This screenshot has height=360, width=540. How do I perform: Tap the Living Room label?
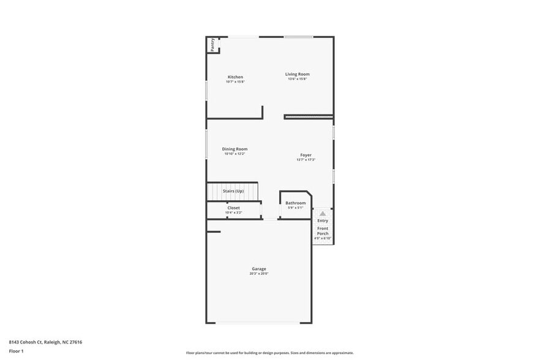298,74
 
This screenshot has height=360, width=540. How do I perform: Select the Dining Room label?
234,149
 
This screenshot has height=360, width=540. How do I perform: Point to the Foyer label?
306,155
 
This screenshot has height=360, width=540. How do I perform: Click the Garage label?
259,269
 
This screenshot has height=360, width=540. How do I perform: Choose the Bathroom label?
296,203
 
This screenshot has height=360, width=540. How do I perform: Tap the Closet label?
234,208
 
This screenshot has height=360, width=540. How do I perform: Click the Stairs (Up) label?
233,191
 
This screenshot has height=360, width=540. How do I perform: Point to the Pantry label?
212,45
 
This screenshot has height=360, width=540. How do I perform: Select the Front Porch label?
323,231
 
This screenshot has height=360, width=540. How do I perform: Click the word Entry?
323,220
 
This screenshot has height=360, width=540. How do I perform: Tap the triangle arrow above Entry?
323,213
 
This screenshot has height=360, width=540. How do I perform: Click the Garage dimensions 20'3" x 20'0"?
259,274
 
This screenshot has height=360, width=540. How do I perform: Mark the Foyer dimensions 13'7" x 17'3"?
306,160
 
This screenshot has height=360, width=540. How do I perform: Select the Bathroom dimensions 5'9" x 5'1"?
296,208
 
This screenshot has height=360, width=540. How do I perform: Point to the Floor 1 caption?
17,351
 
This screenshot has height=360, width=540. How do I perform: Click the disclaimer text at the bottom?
270,353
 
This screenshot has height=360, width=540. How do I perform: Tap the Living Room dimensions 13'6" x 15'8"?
298,79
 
